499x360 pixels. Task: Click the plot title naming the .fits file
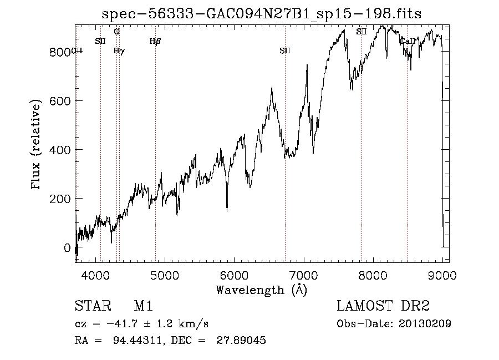(x=261, y=14)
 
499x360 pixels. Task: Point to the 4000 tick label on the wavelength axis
(x=95, y=273)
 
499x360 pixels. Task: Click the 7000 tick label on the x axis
(x=303, y=273)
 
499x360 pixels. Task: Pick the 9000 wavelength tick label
(x=442, y=273)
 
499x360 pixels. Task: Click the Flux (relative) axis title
(x=37, y=145)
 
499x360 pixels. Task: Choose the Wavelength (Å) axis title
(x=261, y=290)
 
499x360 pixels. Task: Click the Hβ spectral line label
(x=155, y=41)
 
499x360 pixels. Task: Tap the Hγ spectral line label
(x=119, y=51)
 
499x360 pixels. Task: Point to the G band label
(x=116, y=32)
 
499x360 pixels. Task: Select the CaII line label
(x=407, y=41)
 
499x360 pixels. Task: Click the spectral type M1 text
(x=143, y=306)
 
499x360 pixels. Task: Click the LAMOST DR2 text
(x=383, y=306)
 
